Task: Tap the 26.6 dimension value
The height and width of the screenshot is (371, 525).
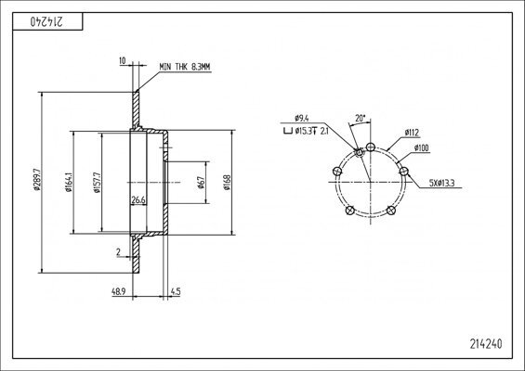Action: pyautogui.click(x=138, y=199)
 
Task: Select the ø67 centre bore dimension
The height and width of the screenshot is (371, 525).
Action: pyautogui.click(x=201, y=183)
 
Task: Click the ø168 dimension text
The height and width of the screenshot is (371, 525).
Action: pyautogui.click(x=227, y=183)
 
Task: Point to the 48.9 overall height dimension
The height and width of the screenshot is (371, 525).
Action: pyautogui.click(x=118, y=291)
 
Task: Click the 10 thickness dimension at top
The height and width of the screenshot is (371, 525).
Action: pyautogui.click(x=122, y=62)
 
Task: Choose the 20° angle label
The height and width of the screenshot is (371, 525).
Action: pyautogui.click(x=361, y=119)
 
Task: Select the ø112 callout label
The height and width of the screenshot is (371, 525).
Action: pyautogui.click(x=412, y=133)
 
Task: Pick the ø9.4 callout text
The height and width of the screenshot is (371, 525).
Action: pyautogui.click(x=300, y=119)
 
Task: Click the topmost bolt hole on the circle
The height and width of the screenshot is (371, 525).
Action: pyautogui.click(x=371, y=147)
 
